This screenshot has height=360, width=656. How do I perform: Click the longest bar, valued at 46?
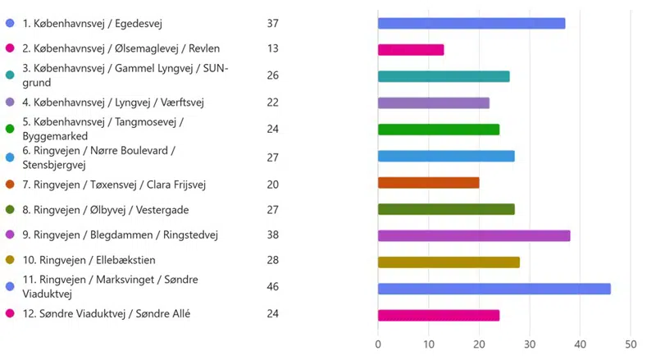click(x=494, y=289)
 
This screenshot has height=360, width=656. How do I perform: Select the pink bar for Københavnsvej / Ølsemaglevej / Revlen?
click(x=410, y=49)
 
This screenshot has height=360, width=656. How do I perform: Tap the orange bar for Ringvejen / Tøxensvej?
click(x=428, y=182)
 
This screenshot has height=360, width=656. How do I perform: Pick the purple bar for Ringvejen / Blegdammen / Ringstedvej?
click(x=473, y=235)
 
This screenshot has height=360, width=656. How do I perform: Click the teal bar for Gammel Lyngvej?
click(x=443, y=76)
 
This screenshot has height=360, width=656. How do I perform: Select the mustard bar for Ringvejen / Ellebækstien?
click(x=448, y=262)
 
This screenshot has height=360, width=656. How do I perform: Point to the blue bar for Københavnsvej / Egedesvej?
click(x=471, y=23)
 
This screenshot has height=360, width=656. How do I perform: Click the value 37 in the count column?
click(x=273, y=23)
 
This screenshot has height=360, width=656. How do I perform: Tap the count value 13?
click(x=273, y=48)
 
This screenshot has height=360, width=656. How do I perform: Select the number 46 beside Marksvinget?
click(x=273, y=288)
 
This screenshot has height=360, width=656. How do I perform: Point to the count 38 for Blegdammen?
click(x=273, y=235)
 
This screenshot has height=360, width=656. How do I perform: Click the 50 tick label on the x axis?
click(x=631, y=344)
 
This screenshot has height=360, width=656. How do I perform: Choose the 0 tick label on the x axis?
click(x=378, y=344)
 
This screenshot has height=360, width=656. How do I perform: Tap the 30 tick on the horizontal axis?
click(x=530, y=344)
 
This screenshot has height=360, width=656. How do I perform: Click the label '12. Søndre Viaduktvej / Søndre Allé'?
click(x=106, y=313)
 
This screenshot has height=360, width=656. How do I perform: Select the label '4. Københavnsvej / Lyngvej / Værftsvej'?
click(x=113, y=103)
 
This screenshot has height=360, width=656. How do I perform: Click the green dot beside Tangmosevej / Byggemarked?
click(x=10, y=129)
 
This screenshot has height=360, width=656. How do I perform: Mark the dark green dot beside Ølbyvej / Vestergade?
click(x=10, y=209)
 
